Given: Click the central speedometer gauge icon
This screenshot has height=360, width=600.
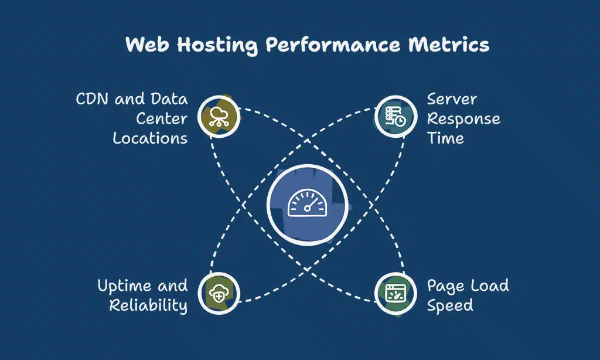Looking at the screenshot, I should pos(306,204).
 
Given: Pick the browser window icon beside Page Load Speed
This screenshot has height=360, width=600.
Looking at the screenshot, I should pos(392,293).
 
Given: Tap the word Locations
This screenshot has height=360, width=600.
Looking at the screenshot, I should pos(150,138).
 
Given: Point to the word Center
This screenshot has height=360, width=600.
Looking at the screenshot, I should pos(162,118).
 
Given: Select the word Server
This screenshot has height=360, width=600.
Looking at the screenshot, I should pos(452,99).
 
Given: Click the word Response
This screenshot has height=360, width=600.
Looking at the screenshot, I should pos(463,119).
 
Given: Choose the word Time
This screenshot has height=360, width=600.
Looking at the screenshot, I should pos(445,138).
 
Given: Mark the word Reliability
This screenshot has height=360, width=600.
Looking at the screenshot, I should pos(148,305).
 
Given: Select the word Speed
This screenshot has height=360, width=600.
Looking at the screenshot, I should pos(449,306).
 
